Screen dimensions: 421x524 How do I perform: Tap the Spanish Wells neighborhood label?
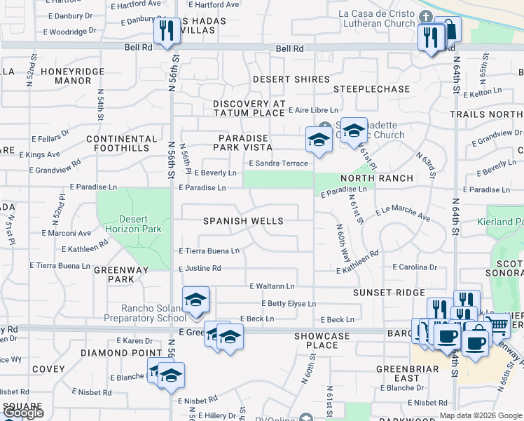(243, 221)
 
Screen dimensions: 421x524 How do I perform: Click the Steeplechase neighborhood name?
(371, 89)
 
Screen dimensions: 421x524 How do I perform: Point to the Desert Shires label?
(291, 79)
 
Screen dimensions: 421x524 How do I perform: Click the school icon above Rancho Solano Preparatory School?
(196, 300)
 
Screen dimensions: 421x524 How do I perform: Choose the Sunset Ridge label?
(389, 293)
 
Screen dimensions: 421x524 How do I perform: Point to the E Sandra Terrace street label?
(279, 163)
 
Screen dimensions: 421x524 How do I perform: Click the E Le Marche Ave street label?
(403, 213)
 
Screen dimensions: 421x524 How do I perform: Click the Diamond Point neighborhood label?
(112, 353)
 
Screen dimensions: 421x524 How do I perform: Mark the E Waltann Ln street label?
(272, 286)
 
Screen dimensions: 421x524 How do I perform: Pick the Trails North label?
(487, 114)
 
